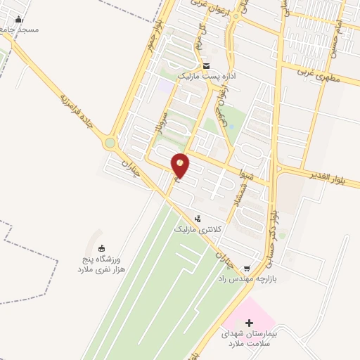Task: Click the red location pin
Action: tap(180, 165)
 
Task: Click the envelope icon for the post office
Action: tap(206, 66)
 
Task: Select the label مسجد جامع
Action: tap(19, 30)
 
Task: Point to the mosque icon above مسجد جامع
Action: tap(18, 20)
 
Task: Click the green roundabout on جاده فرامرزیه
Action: tap(110, 143)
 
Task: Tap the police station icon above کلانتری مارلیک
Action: tap(198, 218)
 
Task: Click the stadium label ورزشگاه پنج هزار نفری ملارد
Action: tap(99, 265)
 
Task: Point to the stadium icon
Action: tap(102, 247)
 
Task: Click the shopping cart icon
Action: tap(246, 269)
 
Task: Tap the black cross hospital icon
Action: tap(249, 322)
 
